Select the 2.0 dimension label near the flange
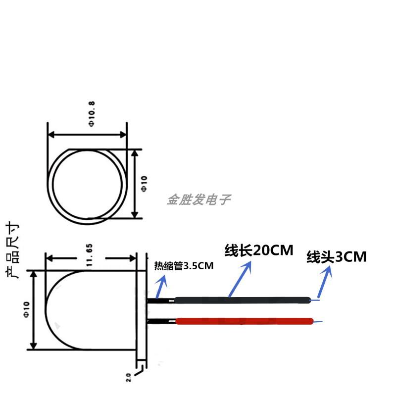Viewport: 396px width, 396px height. (129, 378)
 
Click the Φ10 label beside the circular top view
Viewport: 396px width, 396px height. (144, 183)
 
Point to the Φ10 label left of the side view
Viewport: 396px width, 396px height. (26, 309)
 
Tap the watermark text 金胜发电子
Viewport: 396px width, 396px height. (198, 199)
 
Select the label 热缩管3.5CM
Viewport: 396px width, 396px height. (184, 266)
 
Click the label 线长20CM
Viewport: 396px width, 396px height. (259, 250)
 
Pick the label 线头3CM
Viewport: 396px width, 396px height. (337, 257)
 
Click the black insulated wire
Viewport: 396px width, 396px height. (243, 299)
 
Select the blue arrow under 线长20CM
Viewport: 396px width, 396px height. (240, 279)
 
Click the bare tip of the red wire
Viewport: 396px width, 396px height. (318, 322)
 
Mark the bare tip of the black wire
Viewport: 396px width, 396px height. (316, 299)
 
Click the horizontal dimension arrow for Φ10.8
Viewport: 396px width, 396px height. (87, 134)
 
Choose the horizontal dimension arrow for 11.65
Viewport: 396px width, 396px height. (91, 258)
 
